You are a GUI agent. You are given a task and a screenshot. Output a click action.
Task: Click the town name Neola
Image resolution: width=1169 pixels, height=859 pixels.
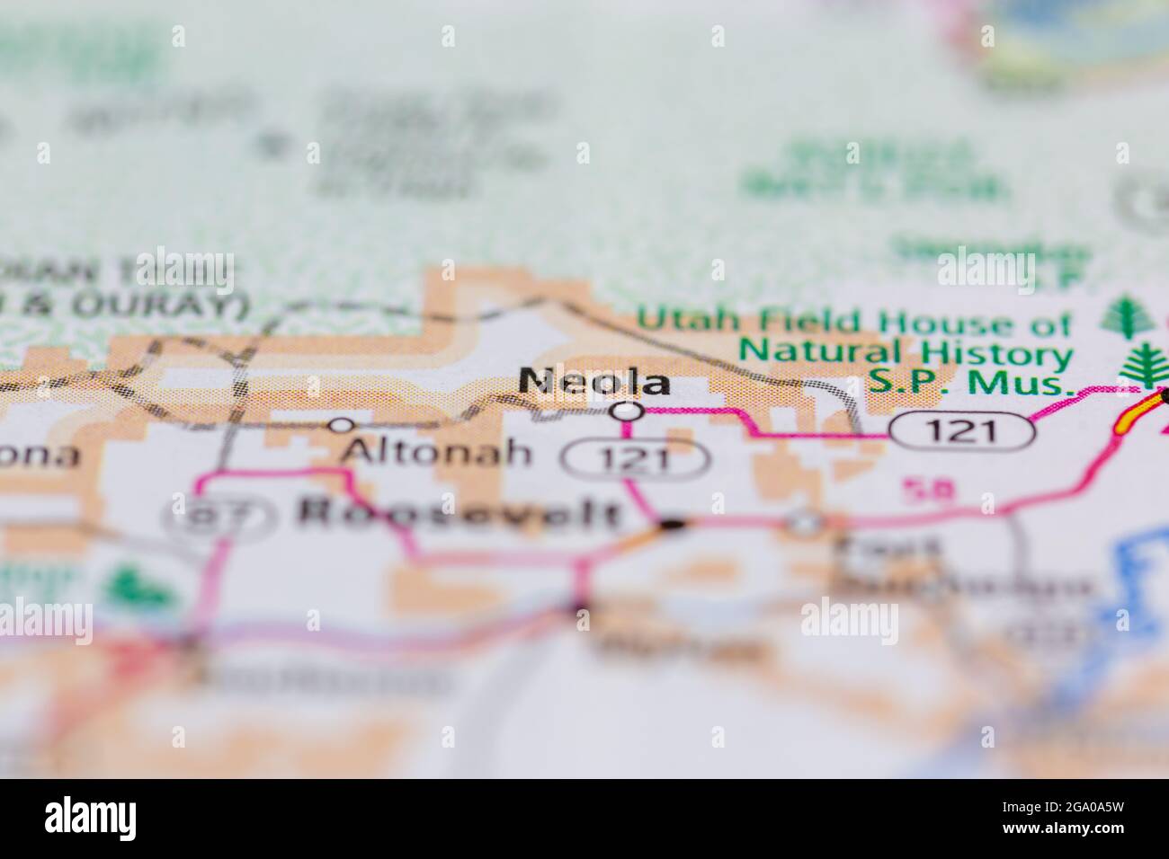coord(594,382)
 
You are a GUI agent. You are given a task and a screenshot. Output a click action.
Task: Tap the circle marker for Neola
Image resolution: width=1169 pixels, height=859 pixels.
coord(626,412)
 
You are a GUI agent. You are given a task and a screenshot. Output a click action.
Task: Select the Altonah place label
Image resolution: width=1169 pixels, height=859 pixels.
coord(437,451)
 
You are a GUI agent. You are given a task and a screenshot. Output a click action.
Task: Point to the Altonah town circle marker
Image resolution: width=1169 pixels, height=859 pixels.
coord(341,424)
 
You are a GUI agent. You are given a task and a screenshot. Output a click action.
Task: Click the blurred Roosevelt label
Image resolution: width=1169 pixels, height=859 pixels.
coord(459,513)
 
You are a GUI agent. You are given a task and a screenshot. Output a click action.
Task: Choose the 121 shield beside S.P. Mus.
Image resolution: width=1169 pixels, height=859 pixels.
coord(961,432)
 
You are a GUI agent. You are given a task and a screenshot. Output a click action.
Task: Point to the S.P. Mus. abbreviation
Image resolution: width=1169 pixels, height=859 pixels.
coord(971,384)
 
